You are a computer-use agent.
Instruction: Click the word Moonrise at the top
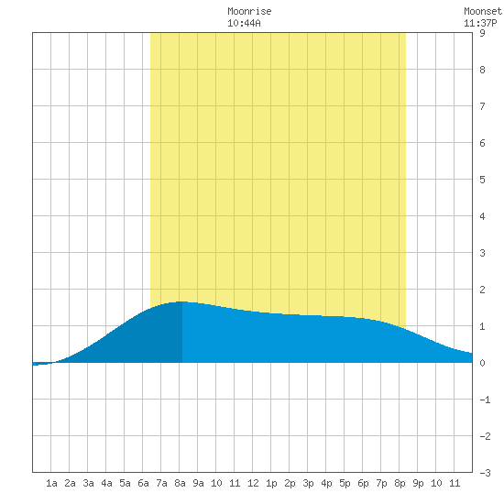(249, 11)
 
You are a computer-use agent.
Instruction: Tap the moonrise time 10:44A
(244, 23)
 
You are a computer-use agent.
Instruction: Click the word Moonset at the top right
(483, 11)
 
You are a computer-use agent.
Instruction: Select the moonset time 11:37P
(480, 23)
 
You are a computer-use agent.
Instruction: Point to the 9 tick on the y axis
(482, 33)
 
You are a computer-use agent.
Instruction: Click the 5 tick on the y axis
(482, 180)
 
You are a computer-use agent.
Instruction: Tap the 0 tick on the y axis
(482, 363)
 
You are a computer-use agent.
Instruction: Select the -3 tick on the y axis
(485, 473)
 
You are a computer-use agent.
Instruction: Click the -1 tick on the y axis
(485, 400)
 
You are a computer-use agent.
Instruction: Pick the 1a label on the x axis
(51, 483)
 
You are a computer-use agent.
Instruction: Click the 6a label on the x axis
(143, 483)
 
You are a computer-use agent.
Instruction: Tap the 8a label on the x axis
(180, 483)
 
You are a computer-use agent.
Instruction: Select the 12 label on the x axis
(253, 483)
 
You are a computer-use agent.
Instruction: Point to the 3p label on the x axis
(308, 483)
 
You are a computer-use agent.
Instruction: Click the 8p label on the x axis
(400, 483)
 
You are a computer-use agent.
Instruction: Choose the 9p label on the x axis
(418, 483)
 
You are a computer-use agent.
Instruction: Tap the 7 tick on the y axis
(482, 106)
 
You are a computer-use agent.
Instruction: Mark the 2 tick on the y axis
(482, 290)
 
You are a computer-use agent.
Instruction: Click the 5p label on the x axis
(345, 483)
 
